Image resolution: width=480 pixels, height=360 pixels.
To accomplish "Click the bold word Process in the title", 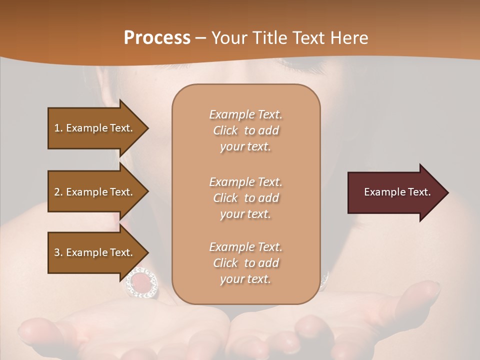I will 157,38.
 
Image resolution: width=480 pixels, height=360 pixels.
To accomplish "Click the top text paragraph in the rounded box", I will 245,130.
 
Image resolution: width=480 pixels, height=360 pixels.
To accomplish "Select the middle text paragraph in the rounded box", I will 245,198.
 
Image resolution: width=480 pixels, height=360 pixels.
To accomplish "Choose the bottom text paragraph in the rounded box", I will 245,263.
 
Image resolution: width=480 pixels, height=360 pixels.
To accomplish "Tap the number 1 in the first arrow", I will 57,128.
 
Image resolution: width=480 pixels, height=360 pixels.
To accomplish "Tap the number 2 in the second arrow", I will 57,192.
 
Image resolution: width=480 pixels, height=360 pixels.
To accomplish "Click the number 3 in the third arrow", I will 57,252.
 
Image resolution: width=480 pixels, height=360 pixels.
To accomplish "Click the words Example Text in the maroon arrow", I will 397,192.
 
